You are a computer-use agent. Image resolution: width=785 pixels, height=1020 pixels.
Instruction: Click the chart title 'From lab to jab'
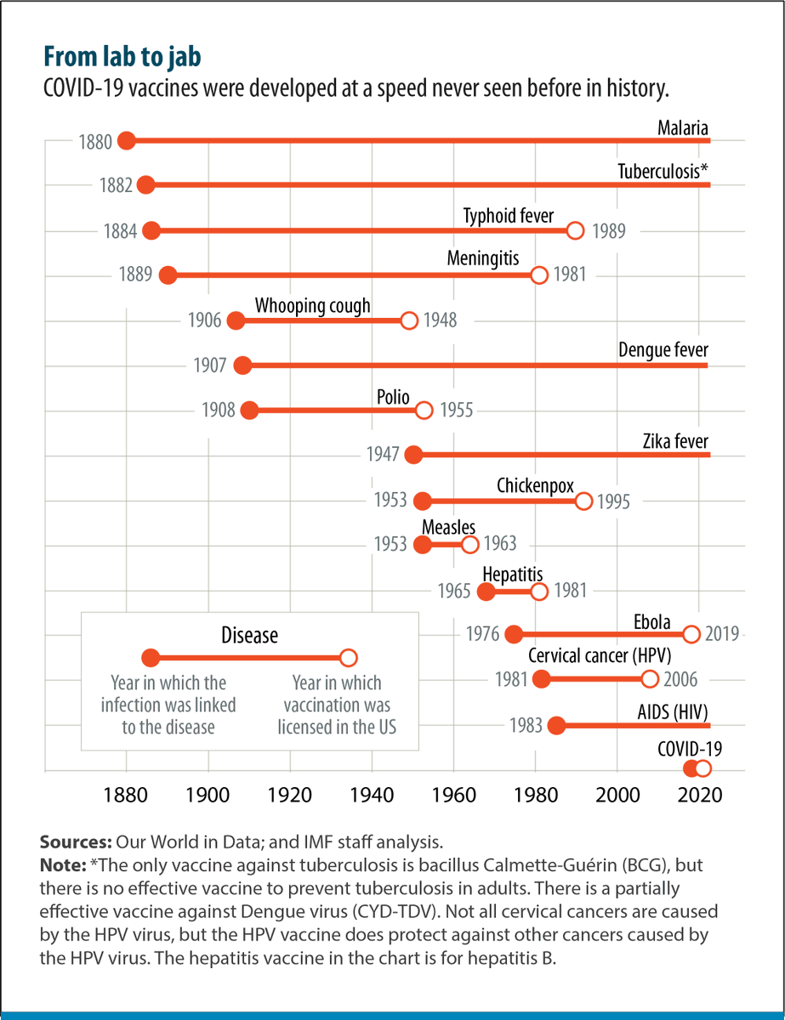pos(122,57)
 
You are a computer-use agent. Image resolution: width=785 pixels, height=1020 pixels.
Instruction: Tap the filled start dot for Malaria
pos(127,140)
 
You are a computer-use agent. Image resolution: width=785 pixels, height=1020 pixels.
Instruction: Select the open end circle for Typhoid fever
pos(576,230)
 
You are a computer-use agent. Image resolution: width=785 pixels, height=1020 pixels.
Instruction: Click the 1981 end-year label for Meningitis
pos(570,275)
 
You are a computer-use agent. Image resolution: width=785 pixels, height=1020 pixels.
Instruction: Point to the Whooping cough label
pos(313,305)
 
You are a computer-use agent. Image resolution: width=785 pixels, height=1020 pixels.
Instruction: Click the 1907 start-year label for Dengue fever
pos(210,366)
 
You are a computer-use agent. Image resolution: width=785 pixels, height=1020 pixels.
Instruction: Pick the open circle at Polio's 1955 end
pos(424,411)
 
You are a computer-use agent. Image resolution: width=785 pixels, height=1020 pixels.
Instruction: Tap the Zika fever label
pos(675,441)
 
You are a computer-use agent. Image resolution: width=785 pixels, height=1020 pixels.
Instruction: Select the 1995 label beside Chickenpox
pos(613,501)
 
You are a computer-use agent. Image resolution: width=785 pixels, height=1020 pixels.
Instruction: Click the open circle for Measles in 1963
pos(470,545)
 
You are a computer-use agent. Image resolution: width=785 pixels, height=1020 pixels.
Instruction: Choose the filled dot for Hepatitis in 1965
pos(486,592)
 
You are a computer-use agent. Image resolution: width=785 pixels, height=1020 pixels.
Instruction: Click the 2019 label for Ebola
pos(723,634)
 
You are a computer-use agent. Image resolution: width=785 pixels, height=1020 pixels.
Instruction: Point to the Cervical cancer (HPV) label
pos(593,656)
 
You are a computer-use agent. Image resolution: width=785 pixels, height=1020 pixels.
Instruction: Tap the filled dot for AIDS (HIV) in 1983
pos(556,725)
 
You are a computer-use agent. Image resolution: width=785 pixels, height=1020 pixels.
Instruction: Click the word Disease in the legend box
pos(249,635)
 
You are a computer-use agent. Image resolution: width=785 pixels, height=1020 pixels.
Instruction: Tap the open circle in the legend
pos(348,658)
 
